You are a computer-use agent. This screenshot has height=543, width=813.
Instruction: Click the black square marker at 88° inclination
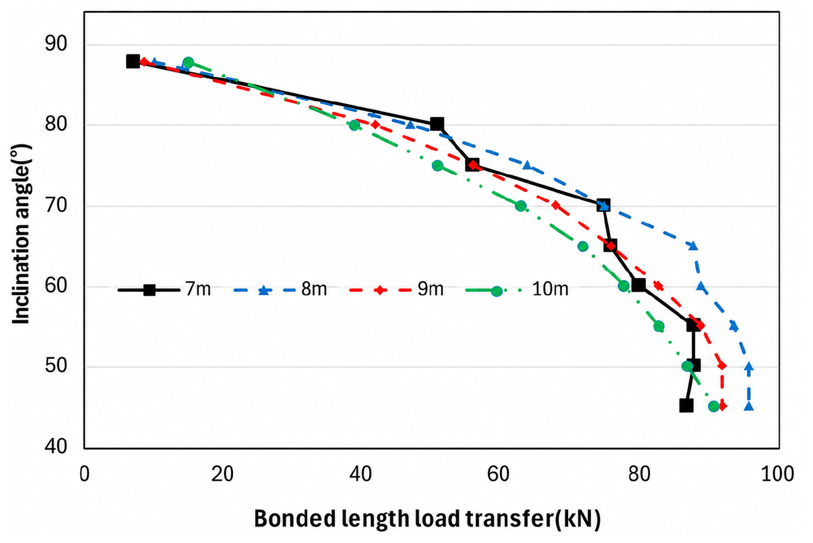pyautogui.click(x=133, y=61)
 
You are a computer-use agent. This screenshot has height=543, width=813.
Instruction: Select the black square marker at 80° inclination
pyautogui.click(x=437, y=124)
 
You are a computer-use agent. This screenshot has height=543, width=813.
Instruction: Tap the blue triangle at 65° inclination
pyautogui.click(x=693, y=246)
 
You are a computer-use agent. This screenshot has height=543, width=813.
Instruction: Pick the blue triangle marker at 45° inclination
pyautogui.click(x=749, y=406)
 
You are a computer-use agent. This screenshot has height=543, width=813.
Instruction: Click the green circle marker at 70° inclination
pyautogui.click(x=520, y=206)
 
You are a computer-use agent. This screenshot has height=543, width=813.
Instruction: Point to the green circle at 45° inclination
pyautogui.click(x=713, y=406)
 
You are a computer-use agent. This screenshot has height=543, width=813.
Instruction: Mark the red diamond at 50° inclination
pyautogui.click(x=722, y=365)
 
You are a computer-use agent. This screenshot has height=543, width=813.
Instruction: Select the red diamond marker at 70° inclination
pyautogui.click(x=555, y=205)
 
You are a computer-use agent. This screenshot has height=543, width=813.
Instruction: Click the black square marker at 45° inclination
pyautogui.click(x=686, y=405)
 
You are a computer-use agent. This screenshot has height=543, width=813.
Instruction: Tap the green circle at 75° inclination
pyautogui.click(x=438, y=166)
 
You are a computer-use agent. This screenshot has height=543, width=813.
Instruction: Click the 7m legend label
pyautogui.click(x=198, y=290)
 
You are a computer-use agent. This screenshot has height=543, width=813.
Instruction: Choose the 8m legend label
pyautogui.click(x=314, y=290)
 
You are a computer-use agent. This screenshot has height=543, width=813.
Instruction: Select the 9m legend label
pyautogui.click(x=430, y=290)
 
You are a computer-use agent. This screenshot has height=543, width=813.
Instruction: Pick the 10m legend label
pyautogui.click(x=550, y=290)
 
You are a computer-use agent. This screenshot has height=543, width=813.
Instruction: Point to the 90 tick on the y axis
pyautogui.click(x=56, y=44)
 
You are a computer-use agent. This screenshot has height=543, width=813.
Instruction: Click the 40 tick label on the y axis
pyautogui.click(x=56, y=446)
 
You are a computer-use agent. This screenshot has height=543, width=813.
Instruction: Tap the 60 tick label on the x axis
pyautogui.click(x=498, y=474)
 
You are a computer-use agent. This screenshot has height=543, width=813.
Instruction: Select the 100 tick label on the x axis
pyautogui.click(x=777, y=474)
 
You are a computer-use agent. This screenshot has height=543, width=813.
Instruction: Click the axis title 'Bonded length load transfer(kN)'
pyautogui.click(x=428, y=519)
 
